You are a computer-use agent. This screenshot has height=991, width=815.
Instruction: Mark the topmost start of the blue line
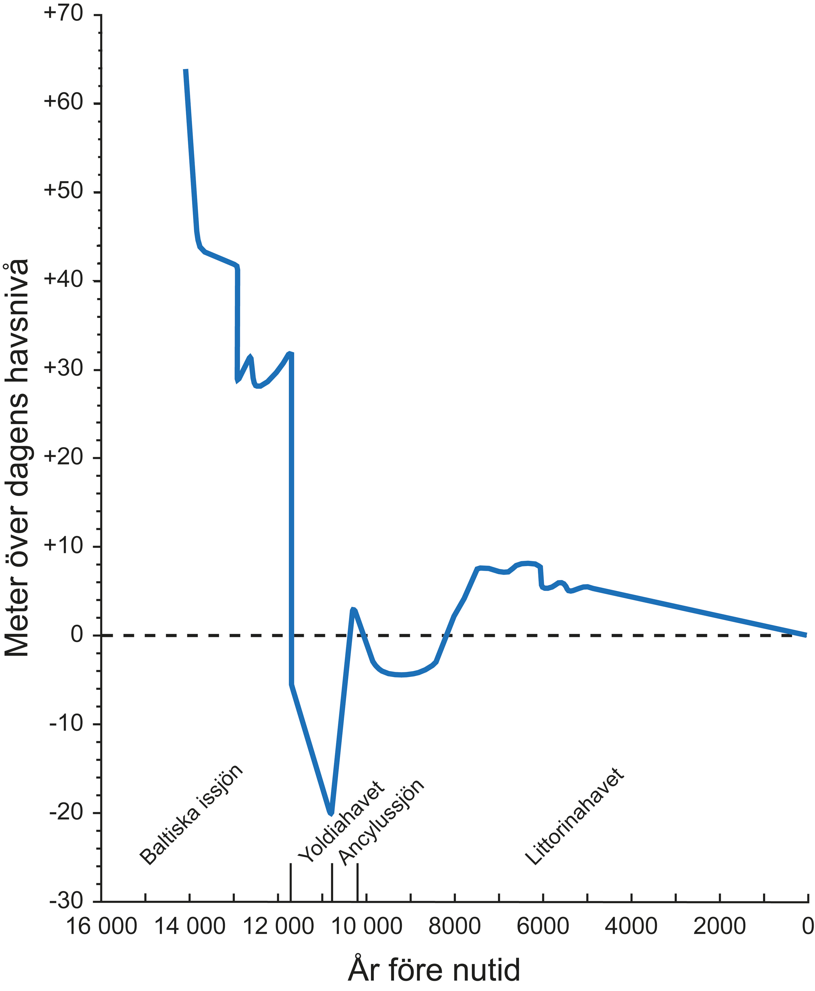[186, 70]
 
